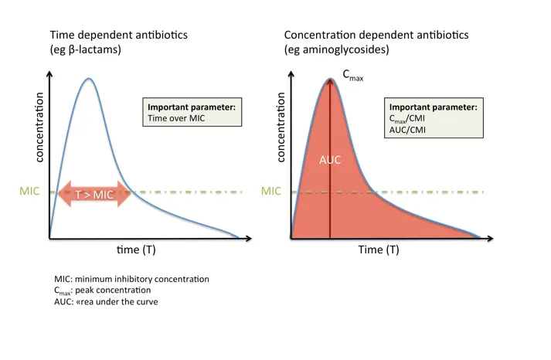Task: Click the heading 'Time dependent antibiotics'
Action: pyautogui.click(x=117, y=36)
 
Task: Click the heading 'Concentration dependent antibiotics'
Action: pyautogui.click(x=376, y=36)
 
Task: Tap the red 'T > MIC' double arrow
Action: pyautogui.click(x=94, y=195)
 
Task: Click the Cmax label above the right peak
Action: pyautogui.click(x=353, y=75)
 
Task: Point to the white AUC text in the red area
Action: pyautogui.click(x=330, y=161)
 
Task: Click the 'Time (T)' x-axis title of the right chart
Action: pyautogui.click(x=379, y=250)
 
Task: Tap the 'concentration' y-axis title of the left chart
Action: pyautogui.click(x=38, y=127)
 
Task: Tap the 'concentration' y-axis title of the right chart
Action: pyautogui.click(x=280, y=127)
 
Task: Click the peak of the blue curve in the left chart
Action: pyautogui.click(x=90, y=79)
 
